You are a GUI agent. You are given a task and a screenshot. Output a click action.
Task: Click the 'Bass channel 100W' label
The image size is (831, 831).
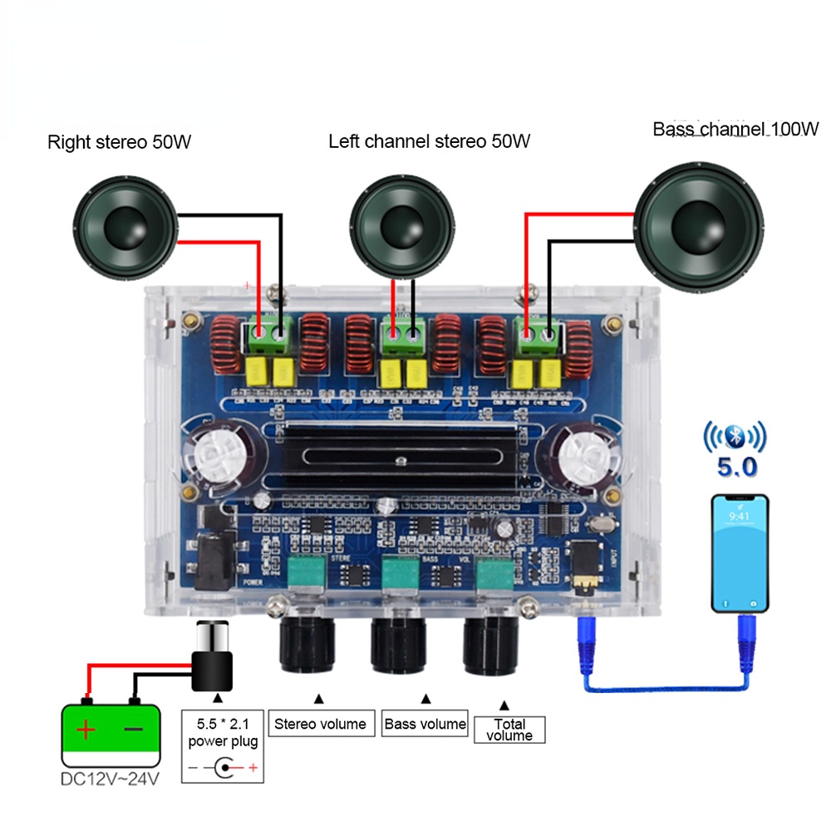735,129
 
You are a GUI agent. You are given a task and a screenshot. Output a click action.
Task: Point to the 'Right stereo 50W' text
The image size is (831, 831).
120,142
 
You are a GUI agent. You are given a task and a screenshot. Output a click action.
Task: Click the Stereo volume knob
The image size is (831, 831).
307,644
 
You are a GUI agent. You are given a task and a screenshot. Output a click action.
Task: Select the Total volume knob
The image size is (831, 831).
491,644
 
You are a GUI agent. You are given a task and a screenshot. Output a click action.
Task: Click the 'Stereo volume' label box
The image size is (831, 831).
320,724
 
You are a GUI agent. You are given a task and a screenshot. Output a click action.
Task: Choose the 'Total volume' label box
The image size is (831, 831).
509,729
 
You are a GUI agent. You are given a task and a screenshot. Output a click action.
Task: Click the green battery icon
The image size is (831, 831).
111,735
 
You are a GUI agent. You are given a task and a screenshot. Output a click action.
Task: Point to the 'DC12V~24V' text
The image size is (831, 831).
110,779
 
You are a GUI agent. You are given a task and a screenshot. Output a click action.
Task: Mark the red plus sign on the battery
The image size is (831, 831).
86,730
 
